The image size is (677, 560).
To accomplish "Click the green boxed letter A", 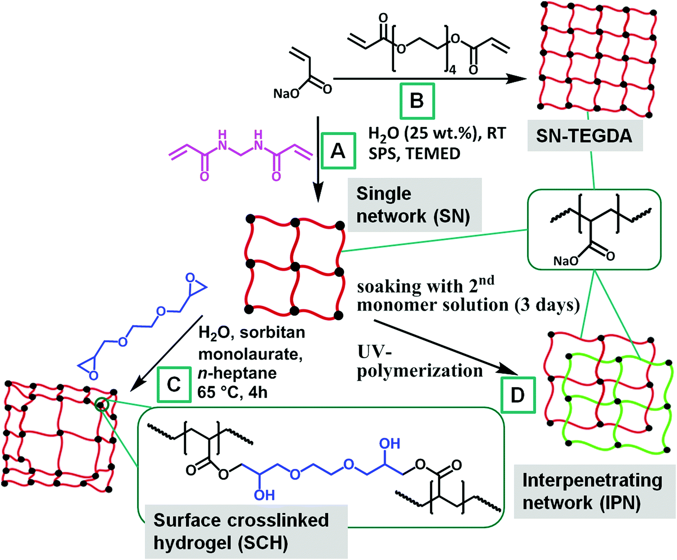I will coord(338,151).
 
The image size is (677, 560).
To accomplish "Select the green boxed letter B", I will coord(417,100).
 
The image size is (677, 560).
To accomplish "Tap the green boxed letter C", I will coord(174,385).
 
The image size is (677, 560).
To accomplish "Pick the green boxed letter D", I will coord(518,395).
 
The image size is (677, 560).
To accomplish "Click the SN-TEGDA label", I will coord(584,135).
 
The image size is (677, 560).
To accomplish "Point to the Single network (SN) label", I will coord(413,205).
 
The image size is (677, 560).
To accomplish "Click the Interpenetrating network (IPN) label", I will coord(592,491).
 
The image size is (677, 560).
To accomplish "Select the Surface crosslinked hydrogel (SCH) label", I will coord(241,531).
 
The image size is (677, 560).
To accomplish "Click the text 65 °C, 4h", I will coord(232,392).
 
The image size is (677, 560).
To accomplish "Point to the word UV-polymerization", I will coord(419,361).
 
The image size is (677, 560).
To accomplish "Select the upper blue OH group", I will coord(390,443).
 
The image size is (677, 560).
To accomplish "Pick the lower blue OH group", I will coord(264,495).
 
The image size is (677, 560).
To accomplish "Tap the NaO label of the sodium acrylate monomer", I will coord(286,93).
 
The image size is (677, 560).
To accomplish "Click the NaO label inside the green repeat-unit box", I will coord(566,261).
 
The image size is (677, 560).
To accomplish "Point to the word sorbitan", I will coord(272,332).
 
